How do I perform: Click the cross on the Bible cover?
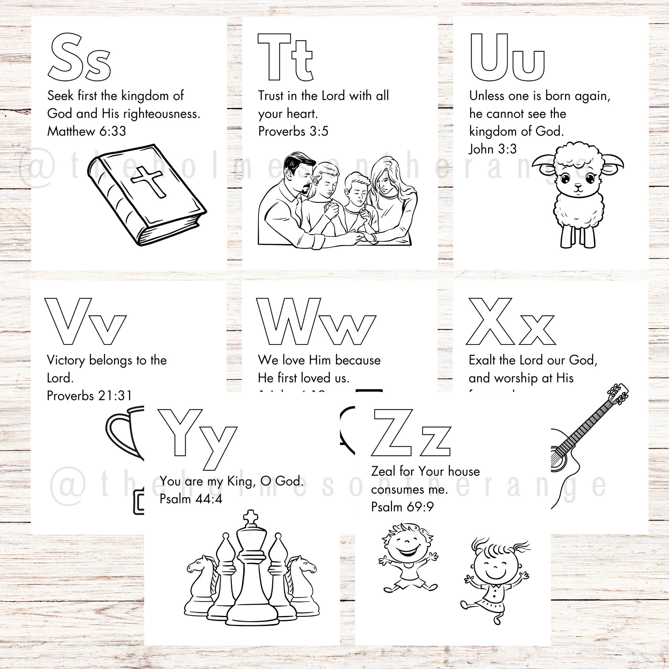coord(148,181)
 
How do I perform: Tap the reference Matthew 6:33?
coord(87,131)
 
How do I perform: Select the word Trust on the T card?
coord(270,96)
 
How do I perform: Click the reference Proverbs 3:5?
coord(293,131)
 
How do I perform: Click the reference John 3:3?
coord(492,149)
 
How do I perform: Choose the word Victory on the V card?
coord(66,360)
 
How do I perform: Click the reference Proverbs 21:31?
coord(89,395)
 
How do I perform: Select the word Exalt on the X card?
coord(482,360)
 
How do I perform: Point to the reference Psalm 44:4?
coord(191,499)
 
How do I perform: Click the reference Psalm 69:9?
coord(402,507)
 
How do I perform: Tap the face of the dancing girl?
coord(495,568)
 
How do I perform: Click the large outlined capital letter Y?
coord(180,433)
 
